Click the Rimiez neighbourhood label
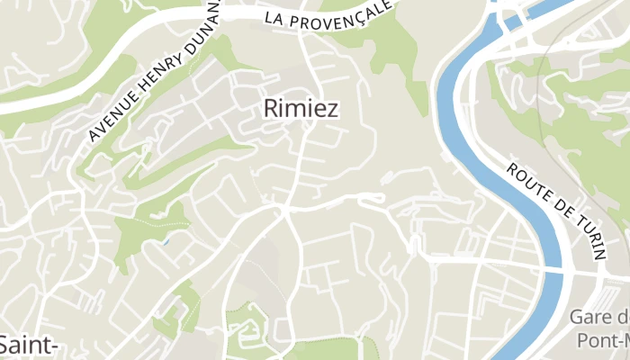click(301, 109)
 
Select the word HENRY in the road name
click(160, 75)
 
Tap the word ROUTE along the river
click(527, 185)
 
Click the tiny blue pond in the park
click(165, 241)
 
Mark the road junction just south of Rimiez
click(284, 210)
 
